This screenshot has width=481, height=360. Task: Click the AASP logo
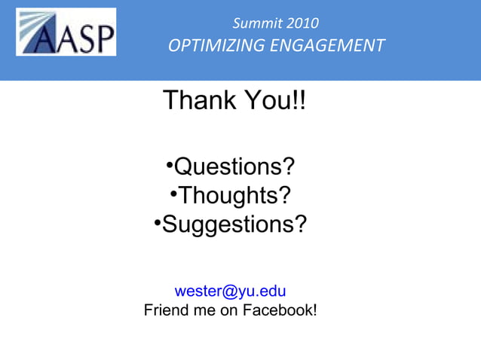[x=66, y=32]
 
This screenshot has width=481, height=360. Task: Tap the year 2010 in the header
[x=303, y=23]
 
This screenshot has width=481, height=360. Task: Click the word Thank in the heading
[x=198, y=100]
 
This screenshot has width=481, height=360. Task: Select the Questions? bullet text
[x=234, y=166]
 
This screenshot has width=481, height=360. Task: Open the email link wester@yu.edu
[x=230, y=291]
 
